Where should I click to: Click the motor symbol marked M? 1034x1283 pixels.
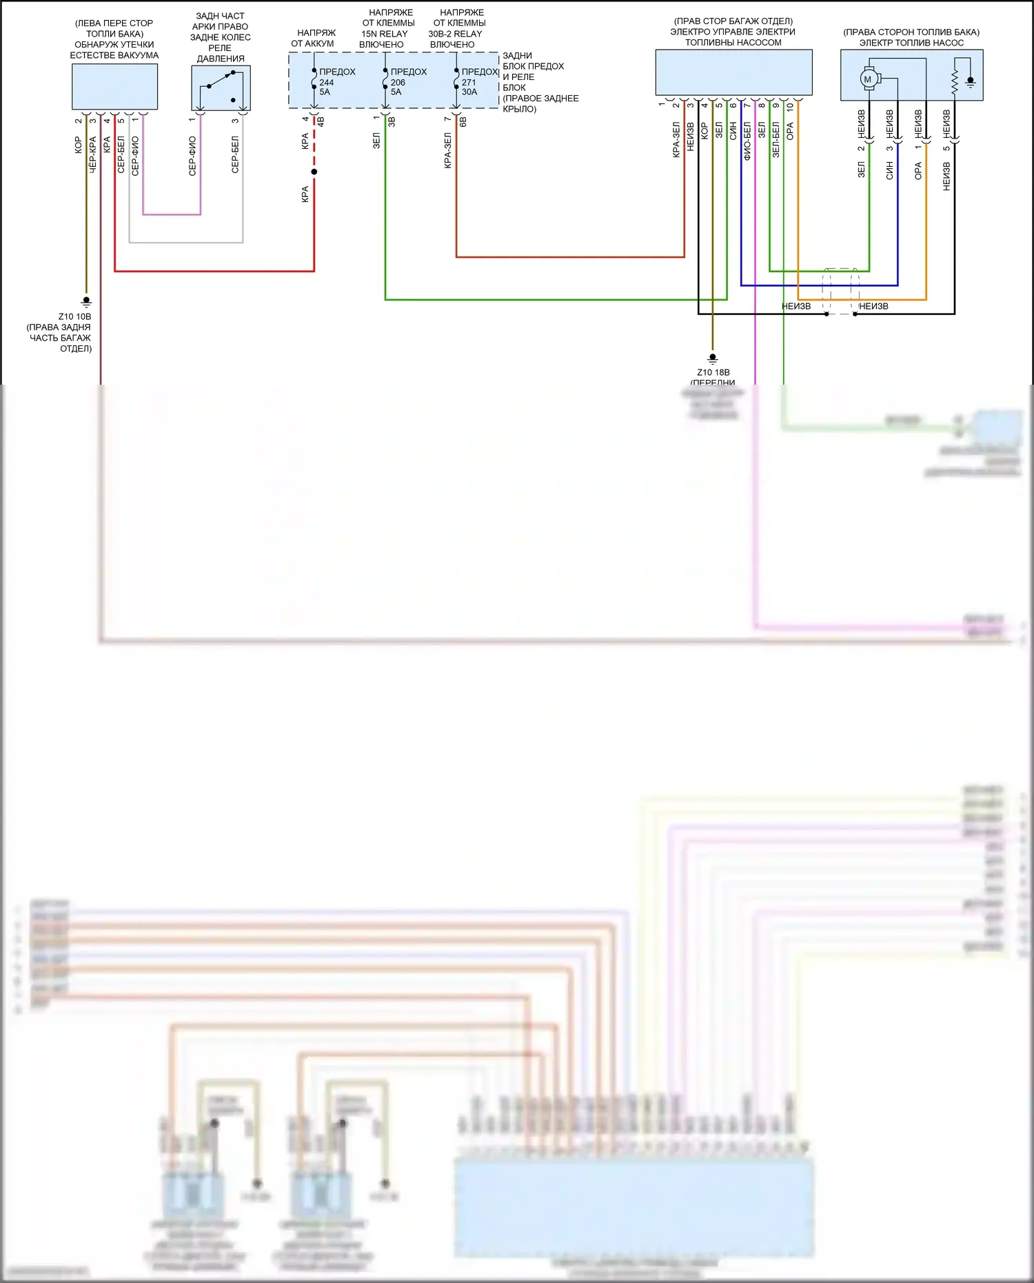click(x=868, y=79)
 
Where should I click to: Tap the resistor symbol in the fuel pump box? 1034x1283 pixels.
click(x=955, y=81)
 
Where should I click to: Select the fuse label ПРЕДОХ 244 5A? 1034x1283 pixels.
click(x=336, y=81)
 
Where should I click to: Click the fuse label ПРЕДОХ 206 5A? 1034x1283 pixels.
click(x=408, y=81)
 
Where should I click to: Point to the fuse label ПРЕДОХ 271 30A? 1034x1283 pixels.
click(x=479, y=81)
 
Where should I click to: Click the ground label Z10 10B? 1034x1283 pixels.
click(x=74, y=316)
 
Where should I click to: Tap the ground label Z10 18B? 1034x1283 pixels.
click(x=713, y=372)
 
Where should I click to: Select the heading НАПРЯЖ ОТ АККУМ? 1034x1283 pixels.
click(x=313, y=38)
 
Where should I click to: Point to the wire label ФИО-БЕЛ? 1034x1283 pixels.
click(x=747, y=141)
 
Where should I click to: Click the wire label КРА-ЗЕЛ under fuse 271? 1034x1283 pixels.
click(x=448, y=151)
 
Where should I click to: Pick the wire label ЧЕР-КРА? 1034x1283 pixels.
click(x=92, y=154)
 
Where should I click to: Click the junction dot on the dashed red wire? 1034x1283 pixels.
click(x=314, y=172)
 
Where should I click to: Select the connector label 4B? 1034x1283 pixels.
click(x=321, y=121)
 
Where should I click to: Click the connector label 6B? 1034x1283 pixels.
click(x=463, y=121)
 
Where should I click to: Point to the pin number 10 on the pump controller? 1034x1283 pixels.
click(x=790, y=106)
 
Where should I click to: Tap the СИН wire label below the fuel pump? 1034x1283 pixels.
click(x=889, y=171)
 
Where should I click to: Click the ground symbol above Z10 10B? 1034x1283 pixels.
click(x=86, y=301)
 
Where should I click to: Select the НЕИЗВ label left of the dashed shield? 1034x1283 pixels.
click(x=796, y=306)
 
